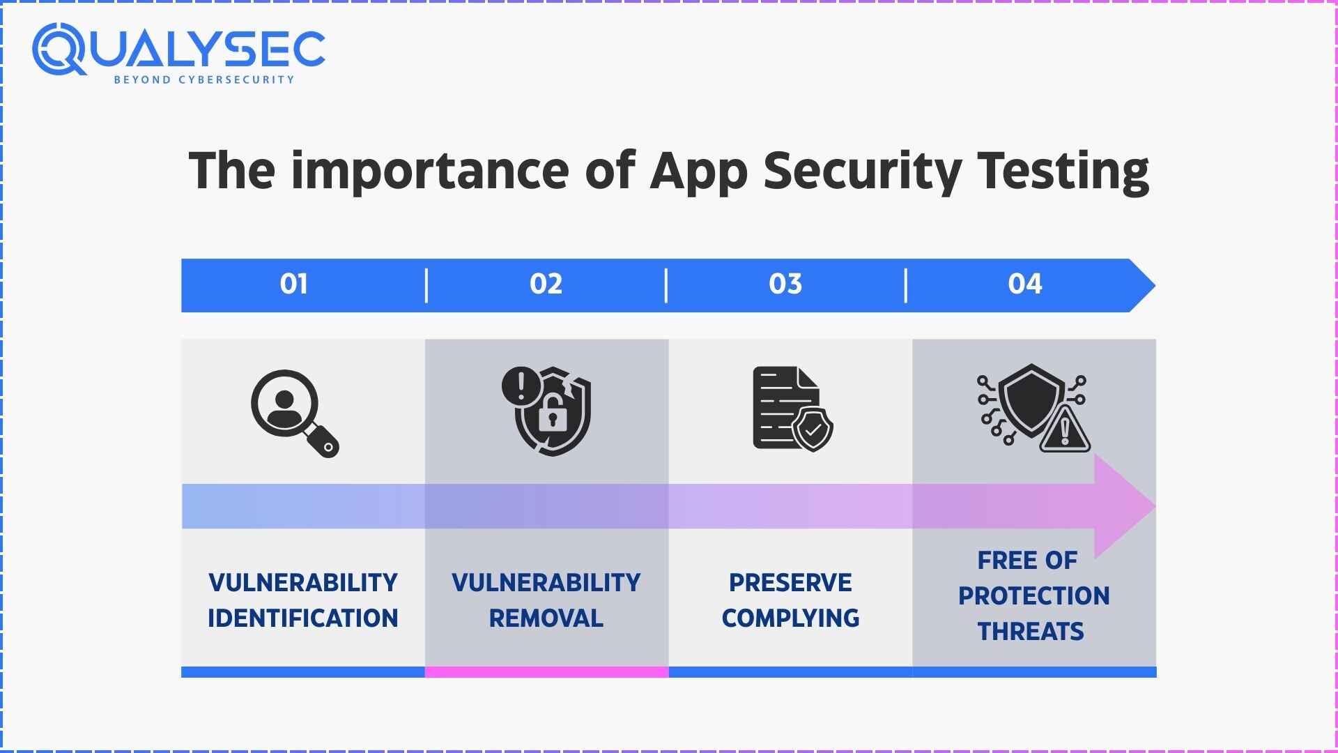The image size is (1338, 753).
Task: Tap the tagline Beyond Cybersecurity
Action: (204, 79)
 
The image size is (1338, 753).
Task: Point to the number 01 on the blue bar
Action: (294, 284)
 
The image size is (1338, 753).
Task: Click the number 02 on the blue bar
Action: (546, 284)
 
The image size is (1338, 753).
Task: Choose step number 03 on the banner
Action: (785, 284)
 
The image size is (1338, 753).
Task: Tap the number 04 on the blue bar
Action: (1025, 284)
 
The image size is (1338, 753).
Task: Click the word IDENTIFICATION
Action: (302, 618)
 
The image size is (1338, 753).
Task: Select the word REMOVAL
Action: (546, 618)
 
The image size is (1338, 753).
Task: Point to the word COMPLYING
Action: (790, 618)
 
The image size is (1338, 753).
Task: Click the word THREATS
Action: (1031, 632)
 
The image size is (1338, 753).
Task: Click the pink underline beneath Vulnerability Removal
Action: (546, 672)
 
